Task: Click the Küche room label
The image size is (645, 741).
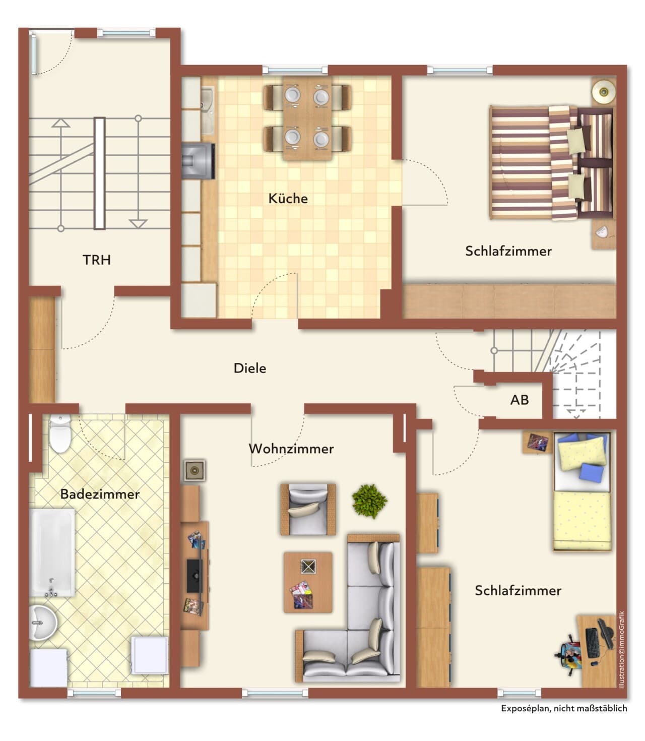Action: pos(288,199)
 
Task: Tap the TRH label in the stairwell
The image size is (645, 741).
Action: pos(97,260)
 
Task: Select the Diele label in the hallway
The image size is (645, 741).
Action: pos(250,368)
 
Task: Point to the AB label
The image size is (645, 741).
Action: pos(520,400)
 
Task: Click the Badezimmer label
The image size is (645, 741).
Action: pos(100,494)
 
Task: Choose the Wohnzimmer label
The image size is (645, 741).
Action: pos(291,449)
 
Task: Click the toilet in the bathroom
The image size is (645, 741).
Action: pos(60,434)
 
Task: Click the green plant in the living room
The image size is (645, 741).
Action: pos(369,501)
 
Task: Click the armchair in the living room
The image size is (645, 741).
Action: pos(308,509)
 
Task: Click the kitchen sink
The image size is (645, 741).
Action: pos(208,111)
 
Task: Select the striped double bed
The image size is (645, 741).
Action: pos(551,162)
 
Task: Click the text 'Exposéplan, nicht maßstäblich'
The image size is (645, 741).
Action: pos(564,708)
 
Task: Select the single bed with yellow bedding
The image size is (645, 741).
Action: pos(582,492)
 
